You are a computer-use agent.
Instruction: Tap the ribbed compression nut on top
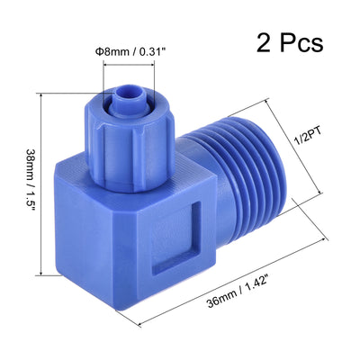click(x=132, y=134)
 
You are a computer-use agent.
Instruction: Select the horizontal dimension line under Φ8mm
click(x=136, y=65)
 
